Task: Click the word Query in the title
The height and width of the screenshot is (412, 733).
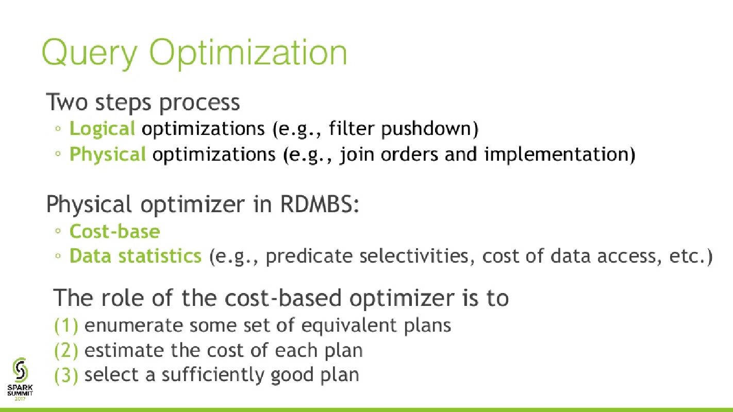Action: [89, 54]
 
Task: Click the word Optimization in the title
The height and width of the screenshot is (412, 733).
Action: [248, 53]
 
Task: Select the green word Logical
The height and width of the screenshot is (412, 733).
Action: [102, 129]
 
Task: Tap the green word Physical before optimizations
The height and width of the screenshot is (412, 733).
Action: [108, 154]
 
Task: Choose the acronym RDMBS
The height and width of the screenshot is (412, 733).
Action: [316, 204]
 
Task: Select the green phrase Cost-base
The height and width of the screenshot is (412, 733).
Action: [115, 232]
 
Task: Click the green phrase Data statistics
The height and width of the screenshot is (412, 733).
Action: [136, 256]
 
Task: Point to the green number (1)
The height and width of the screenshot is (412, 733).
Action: [66, 325]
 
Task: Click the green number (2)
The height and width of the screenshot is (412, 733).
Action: [66, 351]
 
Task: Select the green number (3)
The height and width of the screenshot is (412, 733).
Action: [66, 375]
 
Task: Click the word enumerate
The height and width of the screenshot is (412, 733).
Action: [133, 325]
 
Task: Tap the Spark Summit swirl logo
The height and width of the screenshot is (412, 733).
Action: [20, 370]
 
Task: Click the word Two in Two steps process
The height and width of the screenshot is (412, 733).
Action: [67, 102]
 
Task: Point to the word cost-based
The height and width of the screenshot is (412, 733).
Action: [283, 298]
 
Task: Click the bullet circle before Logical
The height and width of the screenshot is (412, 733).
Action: [58, 129]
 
